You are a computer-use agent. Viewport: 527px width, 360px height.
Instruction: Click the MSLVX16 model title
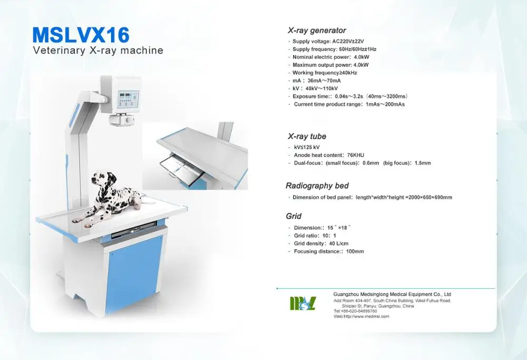[x=81, y=35]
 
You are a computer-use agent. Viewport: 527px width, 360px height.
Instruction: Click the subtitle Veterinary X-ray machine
[x=98, y=51]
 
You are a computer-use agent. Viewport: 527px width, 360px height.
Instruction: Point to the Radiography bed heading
[x=317, y=186]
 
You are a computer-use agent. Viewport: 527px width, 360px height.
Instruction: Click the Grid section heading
[x=294, y=216]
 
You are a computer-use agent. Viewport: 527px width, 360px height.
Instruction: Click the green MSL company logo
[x=302, y=304]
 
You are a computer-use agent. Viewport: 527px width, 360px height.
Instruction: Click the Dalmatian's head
[x=100, y=180]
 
